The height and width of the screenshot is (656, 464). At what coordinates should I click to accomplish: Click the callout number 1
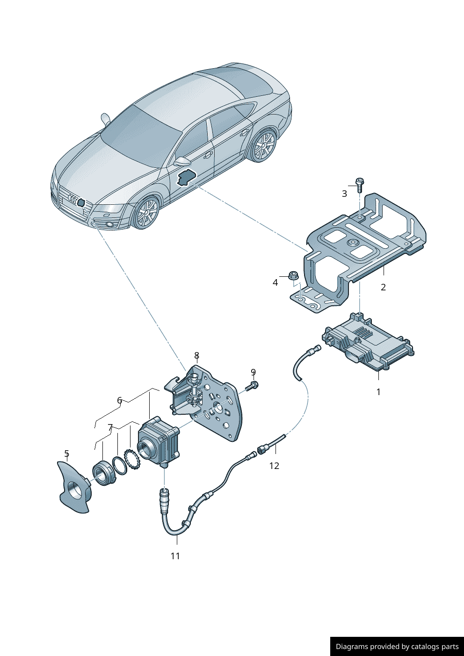[378, 392]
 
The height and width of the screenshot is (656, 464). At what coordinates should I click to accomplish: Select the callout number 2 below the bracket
[383, 287]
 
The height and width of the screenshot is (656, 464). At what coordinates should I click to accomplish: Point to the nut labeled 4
[293, 275]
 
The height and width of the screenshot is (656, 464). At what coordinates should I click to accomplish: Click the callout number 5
[66, 454]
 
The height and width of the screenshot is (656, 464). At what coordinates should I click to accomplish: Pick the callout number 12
[274, 466]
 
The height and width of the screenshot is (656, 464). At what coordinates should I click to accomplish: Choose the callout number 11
[175, 556]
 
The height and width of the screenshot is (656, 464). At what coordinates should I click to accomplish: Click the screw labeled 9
[253, 386]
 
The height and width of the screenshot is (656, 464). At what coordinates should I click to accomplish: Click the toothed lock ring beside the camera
[132, 460]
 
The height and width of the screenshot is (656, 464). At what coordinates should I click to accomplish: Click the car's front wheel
[146, 213]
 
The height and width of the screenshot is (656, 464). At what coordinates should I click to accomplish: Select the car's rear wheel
[263, 146]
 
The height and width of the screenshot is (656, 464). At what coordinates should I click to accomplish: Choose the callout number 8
[196, 356]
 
